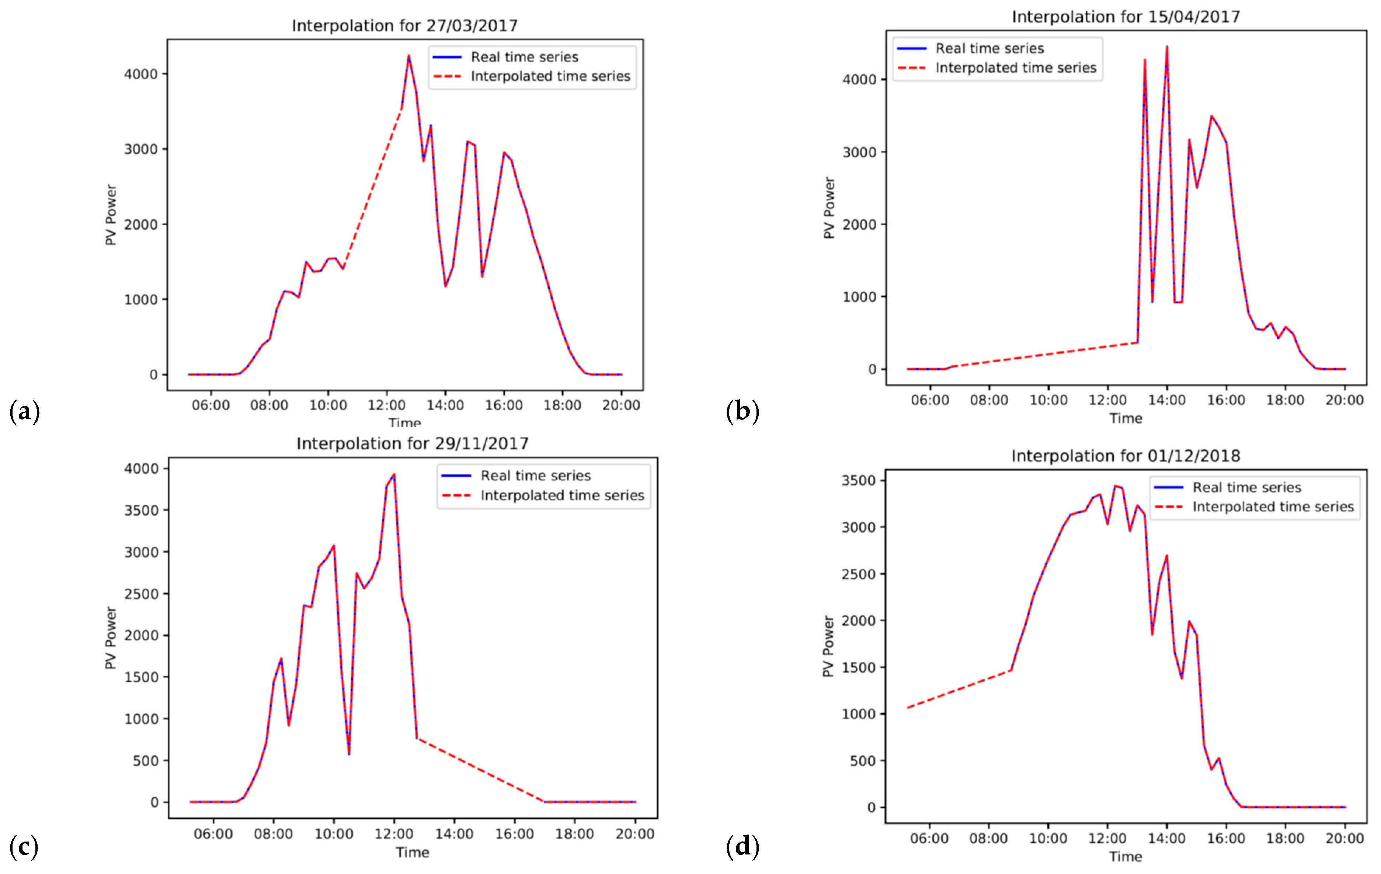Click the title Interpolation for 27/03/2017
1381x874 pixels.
pos(404,26)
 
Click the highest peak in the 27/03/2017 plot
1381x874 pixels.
pos(408,56)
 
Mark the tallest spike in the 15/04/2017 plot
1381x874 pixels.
pos(1166,47)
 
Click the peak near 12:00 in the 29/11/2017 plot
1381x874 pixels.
pos(394,475)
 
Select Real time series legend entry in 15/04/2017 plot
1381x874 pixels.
pos(989,48)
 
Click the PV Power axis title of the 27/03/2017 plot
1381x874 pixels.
pos(111,215)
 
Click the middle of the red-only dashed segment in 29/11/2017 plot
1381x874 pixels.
pos(481,770)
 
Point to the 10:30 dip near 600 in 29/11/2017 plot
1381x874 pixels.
pos(349,753)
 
